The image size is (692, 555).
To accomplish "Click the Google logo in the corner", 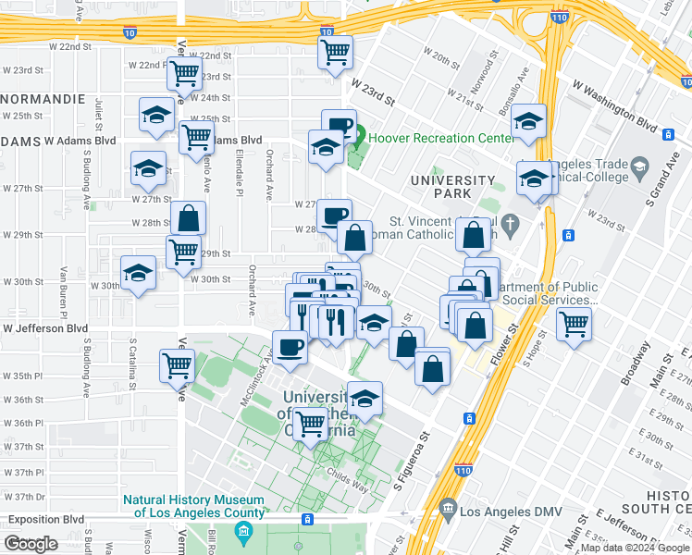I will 31,544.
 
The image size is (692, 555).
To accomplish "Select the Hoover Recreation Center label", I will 441,139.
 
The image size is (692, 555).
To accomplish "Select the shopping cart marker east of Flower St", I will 575,324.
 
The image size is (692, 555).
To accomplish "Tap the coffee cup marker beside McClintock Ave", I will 290,347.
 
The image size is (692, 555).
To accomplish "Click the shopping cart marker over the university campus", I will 311,424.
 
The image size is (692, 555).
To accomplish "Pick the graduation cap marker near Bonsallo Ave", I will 528,120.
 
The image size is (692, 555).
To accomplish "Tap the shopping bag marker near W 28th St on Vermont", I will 189,219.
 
